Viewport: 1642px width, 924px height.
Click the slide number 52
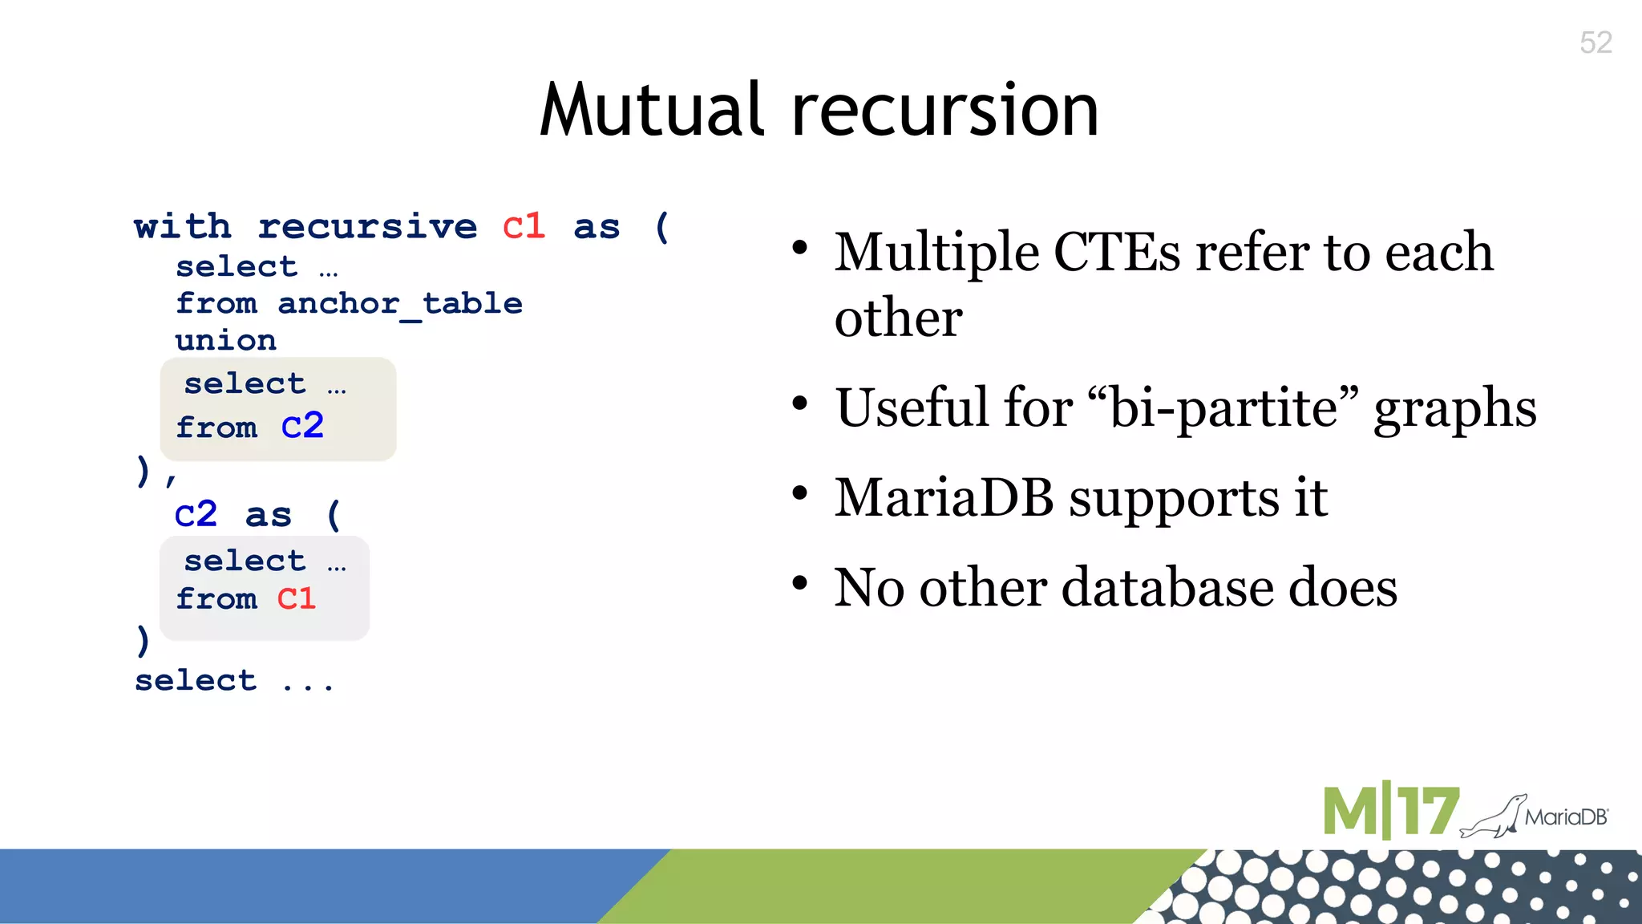[x=1595, y=43]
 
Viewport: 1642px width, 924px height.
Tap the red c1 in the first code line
[x=524, y=227]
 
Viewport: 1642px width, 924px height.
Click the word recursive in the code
[x=367, y=227]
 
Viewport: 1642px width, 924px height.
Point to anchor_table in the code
[x=399, y=304]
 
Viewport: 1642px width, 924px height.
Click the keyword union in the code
[x=226, y=341]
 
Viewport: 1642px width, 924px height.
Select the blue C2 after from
[x=302, y=426]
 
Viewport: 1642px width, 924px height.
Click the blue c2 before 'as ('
[x=196, y=514]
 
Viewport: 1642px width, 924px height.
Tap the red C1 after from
[x=297, y=598]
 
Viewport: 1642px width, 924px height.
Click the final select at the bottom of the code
[x=196, y=681]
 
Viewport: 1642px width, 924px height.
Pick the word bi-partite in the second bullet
[x=1223, y=407]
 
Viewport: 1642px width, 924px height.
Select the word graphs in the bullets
[x=1454, y=409]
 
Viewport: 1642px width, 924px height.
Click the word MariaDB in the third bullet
[x=944, y=497]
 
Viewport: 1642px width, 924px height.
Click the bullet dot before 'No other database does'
[x=799, y=583]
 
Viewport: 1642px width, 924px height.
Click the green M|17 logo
[x=1389, y=812]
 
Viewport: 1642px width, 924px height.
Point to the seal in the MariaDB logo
[x=1493, y=817]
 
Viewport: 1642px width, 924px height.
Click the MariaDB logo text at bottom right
[x=1566, y=817]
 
